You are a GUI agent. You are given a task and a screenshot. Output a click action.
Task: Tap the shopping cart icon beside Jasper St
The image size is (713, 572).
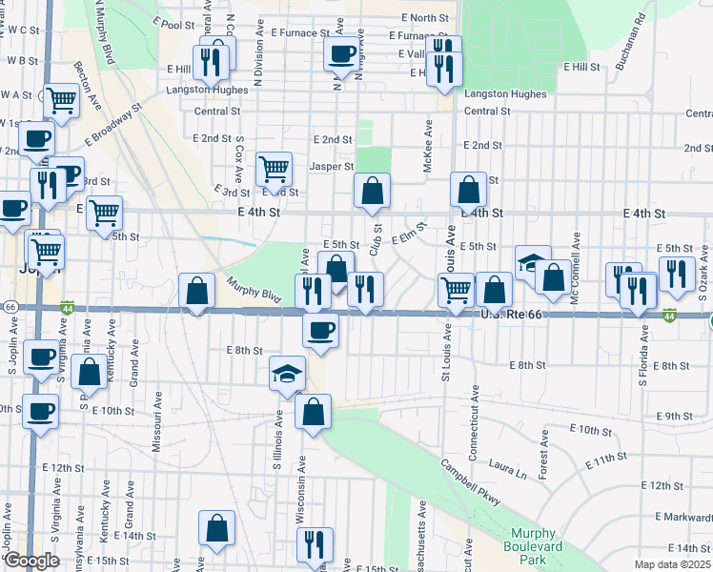(275, 170)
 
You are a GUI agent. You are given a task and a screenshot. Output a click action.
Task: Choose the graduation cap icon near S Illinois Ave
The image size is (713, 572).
(287, 375)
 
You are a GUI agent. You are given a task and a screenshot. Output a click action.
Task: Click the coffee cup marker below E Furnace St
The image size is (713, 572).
(341, 54)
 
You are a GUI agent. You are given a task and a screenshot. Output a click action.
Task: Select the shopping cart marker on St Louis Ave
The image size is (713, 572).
(457, 289)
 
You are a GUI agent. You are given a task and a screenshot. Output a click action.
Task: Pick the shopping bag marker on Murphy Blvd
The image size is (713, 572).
(196, 292)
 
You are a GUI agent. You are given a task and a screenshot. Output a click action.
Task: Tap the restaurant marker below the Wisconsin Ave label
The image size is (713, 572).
(315, 544)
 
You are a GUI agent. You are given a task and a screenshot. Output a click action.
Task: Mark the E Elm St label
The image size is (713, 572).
(408, 234)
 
